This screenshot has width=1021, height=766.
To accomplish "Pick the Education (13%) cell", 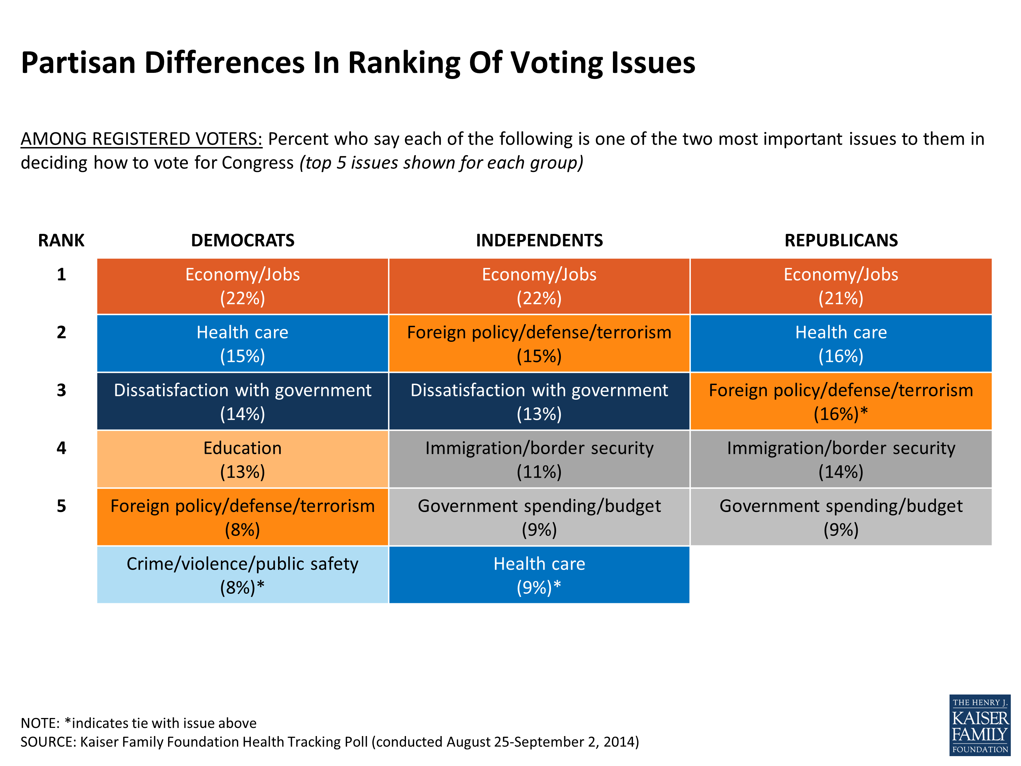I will click(x=242, y=459).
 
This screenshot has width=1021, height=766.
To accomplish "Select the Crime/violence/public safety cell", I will click(x=242, y=575).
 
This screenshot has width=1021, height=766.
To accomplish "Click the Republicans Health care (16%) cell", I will click(x=841, y=344).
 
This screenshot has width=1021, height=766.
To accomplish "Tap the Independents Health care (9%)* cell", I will click(x=539, y=575).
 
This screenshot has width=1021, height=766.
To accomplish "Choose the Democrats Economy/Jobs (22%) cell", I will click(x=242, y=286).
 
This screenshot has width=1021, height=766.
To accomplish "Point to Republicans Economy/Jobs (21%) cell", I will click(x=841, y=286).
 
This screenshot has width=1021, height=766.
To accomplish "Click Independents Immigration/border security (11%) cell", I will click(x=539, y=459).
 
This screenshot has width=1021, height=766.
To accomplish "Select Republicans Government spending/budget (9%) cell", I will click(x=841, y=517).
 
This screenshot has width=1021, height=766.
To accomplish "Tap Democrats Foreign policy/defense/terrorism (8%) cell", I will click(x=242, y=517).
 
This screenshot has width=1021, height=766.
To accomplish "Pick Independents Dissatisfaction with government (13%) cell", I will click(x=539, y=401).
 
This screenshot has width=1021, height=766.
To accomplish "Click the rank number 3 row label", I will click(x=61, y=390).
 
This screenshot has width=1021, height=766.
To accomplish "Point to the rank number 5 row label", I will click(x=61, y=506).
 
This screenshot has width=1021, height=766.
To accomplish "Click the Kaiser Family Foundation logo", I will click(x=979, y=725).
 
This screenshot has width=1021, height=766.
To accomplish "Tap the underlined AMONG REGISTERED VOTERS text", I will click(x=141, y=139).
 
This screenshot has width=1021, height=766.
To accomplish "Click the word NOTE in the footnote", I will click(x=40, y=723).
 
